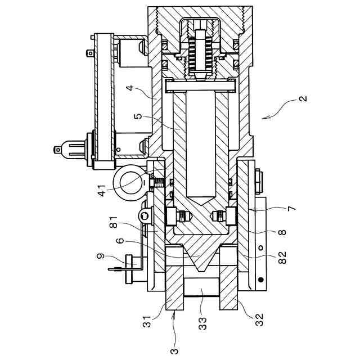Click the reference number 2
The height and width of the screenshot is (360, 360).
tap(303, 98)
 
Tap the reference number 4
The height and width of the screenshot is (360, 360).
tap(130, 88)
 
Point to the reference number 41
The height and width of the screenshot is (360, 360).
tap(101, 190)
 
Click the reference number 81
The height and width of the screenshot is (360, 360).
tap(114, 222)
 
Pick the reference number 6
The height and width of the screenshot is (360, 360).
tap(120, 241)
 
